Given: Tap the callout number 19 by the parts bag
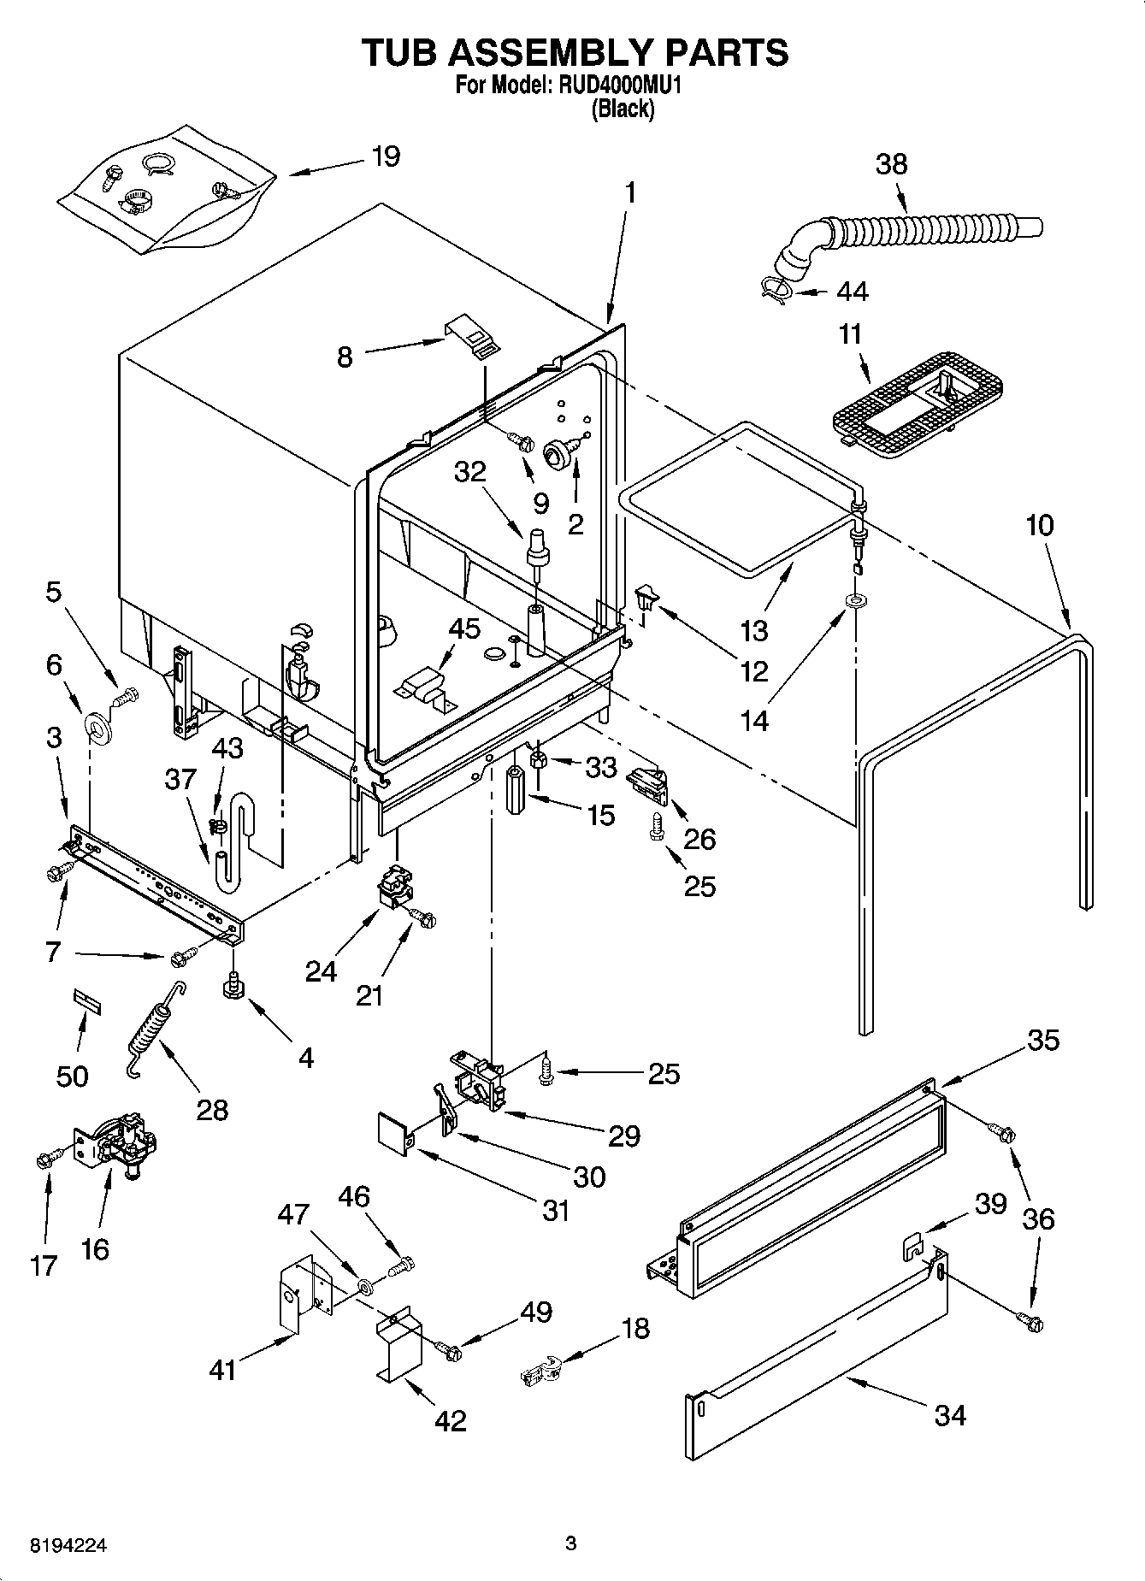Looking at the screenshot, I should tap(386, 157).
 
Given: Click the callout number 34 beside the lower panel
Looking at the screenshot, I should tap(949, 1415).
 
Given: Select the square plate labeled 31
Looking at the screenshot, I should tap(395, 1131).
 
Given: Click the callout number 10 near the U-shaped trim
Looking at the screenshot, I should tap(1039, 525).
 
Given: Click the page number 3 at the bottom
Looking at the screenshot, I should tap(571, 1544).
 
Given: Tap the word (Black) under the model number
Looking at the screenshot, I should tap(623, 109).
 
